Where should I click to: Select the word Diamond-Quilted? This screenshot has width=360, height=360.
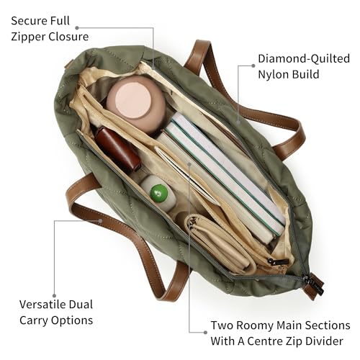304,59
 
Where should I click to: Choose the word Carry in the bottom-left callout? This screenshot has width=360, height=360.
34,320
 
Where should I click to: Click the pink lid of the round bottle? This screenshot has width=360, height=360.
132,100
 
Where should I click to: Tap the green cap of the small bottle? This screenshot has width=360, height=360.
159,192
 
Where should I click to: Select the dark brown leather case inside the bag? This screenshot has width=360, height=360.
117,148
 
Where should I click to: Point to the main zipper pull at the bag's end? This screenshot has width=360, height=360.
315,286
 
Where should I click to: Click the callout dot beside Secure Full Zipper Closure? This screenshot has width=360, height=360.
77,28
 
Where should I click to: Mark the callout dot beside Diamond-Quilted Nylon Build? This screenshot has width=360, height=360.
253,66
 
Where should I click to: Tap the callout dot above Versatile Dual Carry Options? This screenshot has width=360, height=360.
54,296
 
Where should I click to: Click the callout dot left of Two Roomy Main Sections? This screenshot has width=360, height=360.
205,332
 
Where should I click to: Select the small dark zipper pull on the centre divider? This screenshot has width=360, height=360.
279,261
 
